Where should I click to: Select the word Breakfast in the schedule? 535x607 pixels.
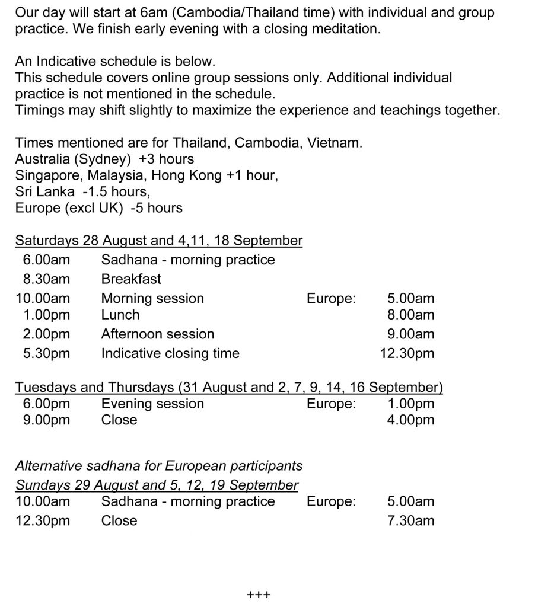131,279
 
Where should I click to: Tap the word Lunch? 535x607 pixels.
120,315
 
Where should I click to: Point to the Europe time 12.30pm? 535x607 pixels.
407,353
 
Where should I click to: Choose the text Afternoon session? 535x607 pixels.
158,334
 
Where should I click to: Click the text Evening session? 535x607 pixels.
152,404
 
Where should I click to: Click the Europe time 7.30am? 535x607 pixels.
410,520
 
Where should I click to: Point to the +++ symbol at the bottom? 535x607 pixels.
259,593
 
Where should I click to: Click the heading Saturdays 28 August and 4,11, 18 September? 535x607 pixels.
159,241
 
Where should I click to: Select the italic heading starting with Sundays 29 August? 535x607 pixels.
157,485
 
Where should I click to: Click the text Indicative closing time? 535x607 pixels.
170,353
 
